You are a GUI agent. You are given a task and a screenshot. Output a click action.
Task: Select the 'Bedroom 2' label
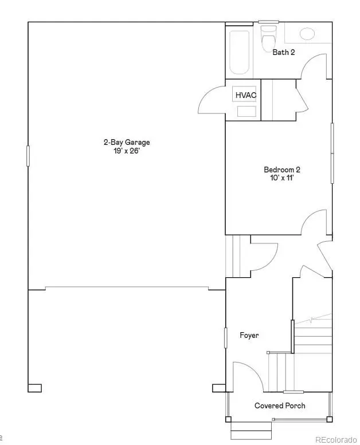281,170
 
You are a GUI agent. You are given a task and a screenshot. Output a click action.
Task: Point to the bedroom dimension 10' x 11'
281,178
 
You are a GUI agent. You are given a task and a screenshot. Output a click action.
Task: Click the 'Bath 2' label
283,52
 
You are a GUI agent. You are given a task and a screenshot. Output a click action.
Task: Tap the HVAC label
245,95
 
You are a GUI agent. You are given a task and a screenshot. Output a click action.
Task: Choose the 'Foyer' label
249,335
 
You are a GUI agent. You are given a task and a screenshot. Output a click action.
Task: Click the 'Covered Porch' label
280,405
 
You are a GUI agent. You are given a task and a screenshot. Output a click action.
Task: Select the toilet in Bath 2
267,40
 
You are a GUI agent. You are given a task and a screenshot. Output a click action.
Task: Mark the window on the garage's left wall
28,156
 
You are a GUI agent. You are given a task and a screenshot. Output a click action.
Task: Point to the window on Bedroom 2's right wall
331,153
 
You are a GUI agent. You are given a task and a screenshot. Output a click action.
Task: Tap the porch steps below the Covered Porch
251,427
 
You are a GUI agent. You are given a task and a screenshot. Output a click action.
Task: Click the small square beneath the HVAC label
246,111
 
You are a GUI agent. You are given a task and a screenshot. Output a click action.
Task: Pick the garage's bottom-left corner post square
34,388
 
